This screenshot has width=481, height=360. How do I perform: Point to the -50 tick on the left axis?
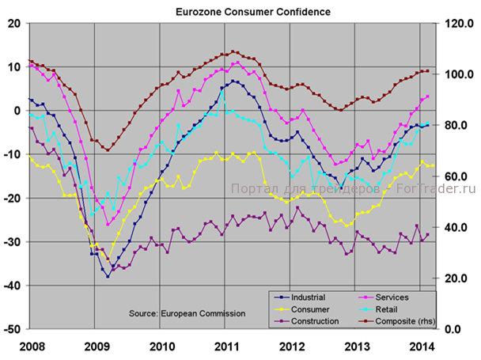tap(13, 328)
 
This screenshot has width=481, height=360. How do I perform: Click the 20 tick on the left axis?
tap(15, 24)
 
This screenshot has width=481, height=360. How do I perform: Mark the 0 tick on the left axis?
tap(18, 111)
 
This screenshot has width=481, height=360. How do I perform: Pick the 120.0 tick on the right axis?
tap(459, 24)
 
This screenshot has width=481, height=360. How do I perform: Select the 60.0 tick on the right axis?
tap(457, 176)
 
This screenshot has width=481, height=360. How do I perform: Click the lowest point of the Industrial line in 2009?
tap(108, 276)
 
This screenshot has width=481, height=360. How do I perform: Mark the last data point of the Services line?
tap(427, 97)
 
